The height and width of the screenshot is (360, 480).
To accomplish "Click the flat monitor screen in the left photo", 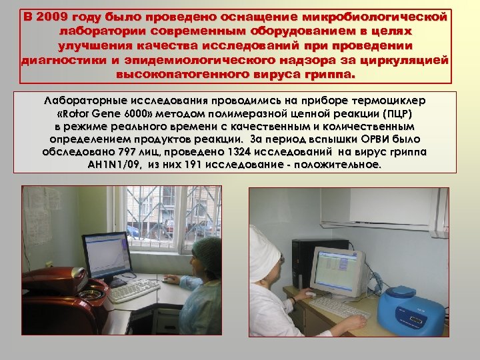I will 105,254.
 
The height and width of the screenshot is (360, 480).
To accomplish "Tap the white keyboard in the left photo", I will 133,291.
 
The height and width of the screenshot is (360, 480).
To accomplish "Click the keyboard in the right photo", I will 340,307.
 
